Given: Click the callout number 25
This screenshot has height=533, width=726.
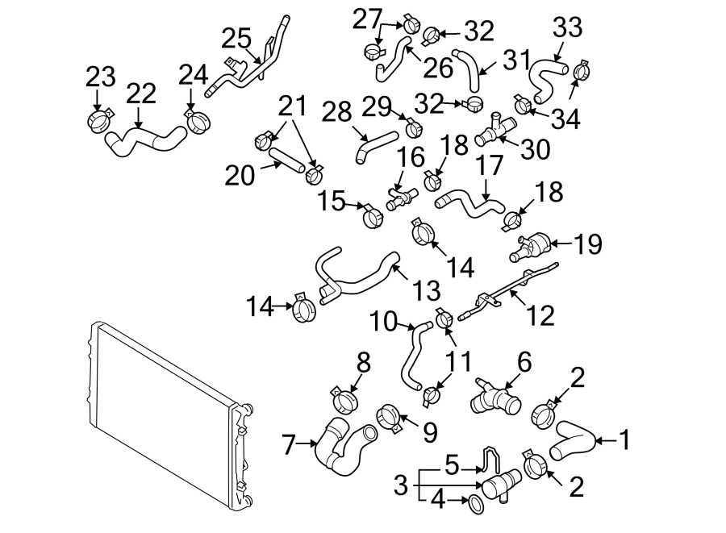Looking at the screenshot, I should click(237, 38).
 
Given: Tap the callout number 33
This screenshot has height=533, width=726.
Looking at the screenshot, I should click(567, 28).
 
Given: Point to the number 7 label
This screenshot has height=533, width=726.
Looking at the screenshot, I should click(289, 442).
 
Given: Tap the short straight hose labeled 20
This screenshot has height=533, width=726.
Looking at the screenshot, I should click(286, 157).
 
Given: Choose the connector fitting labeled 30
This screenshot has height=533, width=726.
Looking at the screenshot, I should click(494, 129).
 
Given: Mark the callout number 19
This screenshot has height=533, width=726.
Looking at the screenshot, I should click(589, 244).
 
